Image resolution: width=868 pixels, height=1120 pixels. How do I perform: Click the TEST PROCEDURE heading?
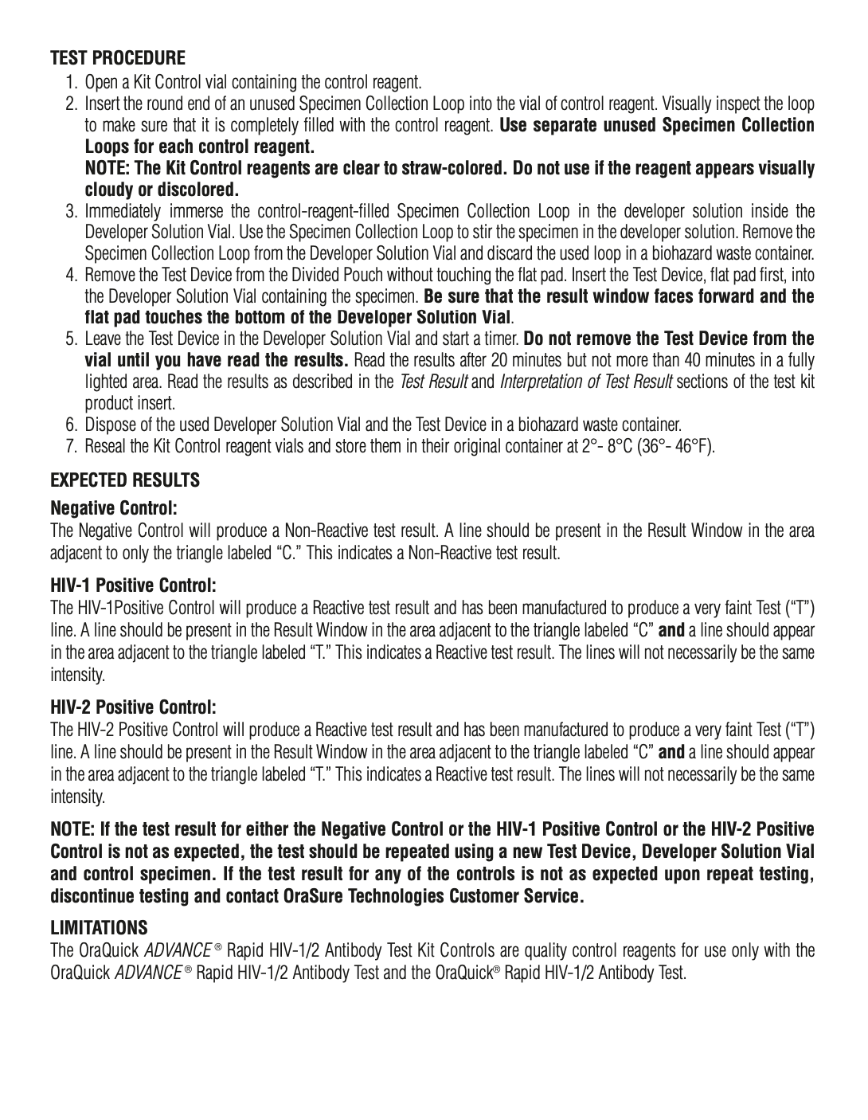[x=119, y=58]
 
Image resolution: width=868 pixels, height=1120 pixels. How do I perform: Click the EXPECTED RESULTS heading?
[x=126, y=480]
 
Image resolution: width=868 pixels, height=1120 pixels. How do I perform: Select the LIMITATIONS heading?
[x=100, y=928]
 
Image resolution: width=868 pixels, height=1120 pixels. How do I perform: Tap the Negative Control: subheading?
[x=113, y=507]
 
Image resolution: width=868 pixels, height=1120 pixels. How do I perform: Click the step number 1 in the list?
[x=72, y=82]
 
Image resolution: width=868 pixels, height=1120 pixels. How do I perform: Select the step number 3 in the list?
[x=72, y=211]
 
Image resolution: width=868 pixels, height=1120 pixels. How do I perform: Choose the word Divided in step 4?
[x=281, y=276]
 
